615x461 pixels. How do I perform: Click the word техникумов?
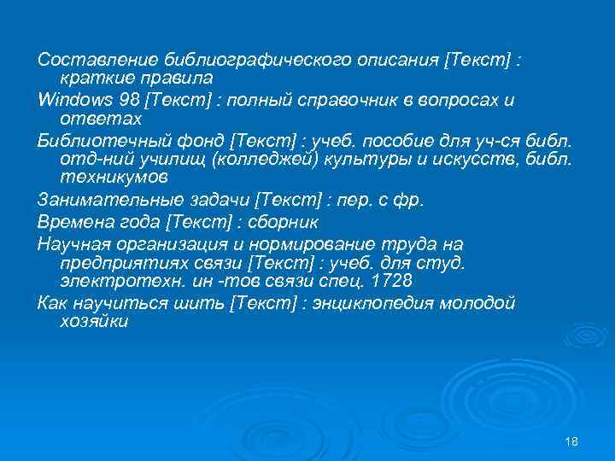[x=115, y=178]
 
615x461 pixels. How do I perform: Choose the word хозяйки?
[x=94, y=322]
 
